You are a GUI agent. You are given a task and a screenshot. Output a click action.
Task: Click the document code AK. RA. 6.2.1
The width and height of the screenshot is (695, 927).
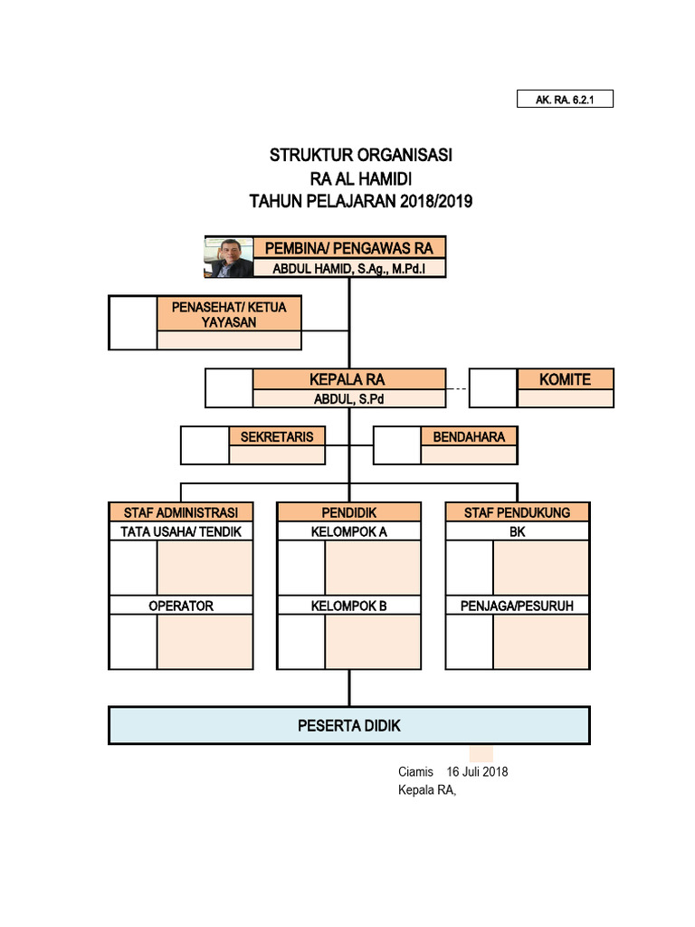pos(565,100)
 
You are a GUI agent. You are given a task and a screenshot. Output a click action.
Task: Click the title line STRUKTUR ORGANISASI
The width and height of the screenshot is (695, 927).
pos(361,156)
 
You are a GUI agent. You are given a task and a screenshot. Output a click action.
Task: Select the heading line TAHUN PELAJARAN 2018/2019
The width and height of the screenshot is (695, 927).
pos(361,201)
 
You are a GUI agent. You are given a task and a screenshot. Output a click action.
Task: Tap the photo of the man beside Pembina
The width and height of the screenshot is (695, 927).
pos(229,257)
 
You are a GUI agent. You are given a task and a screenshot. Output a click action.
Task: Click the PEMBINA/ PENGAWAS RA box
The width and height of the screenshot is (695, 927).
pos(349,248)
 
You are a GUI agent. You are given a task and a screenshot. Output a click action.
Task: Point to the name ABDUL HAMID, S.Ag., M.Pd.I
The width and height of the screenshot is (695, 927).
pos(349,268)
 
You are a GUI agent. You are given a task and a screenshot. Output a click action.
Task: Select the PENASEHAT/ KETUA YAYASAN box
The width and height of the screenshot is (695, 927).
pos(229,314)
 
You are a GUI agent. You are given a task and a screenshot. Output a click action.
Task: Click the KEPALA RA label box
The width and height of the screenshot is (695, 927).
pos(349,379)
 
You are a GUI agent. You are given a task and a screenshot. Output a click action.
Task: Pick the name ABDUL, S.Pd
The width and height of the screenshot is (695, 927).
pos(349,399)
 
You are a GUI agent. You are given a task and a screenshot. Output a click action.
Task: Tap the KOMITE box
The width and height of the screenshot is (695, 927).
pos(565,379)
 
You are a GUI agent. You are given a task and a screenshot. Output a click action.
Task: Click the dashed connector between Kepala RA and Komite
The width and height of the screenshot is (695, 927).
pos(458,389)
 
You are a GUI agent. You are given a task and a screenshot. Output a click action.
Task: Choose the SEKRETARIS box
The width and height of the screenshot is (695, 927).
pos(277,436)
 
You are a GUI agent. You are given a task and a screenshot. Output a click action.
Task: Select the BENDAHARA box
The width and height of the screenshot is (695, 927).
pos(469,436)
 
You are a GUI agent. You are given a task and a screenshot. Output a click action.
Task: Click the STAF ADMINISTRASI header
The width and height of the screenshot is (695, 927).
pos(181,512)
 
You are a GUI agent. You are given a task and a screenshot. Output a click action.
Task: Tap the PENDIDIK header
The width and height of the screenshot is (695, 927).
pos(349,512)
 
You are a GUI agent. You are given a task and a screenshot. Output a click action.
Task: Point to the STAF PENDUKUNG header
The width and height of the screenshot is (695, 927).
pos(518,512)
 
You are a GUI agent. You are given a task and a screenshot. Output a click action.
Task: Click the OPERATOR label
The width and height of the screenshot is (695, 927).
pos(181,606)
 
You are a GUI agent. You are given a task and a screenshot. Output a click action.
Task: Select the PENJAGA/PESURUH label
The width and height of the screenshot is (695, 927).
pos(518,606)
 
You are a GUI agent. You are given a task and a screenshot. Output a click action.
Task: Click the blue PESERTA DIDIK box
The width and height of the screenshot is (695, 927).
pos(349,725)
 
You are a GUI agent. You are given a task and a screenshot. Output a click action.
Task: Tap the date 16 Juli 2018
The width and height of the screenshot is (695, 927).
pos(477,772)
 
